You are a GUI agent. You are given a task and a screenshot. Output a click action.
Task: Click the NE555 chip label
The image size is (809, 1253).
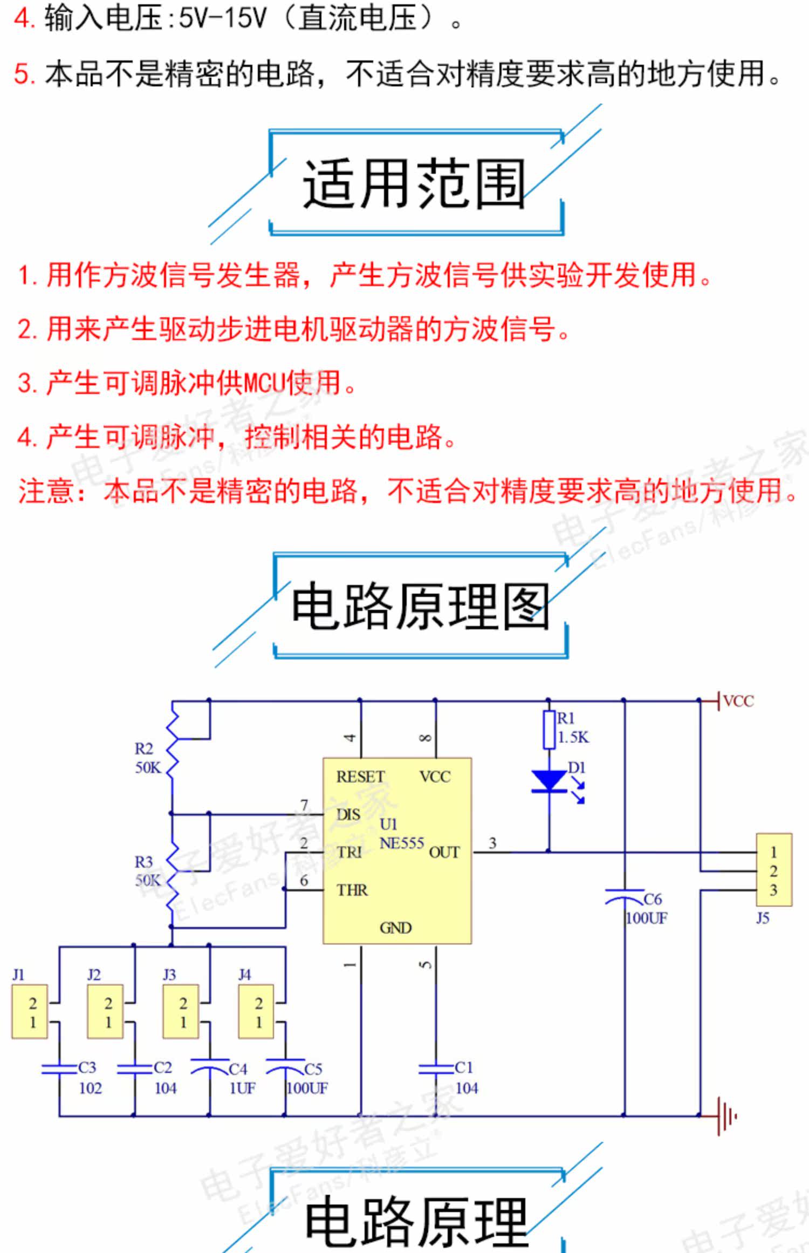401,843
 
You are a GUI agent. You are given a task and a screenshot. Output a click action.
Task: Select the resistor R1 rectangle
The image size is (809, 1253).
549,730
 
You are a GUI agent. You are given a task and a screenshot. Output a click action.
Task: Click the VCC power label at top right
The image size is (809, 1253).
738,702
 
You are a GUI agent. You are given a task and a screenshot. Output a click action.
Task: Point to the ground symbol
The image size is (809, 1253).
725,1116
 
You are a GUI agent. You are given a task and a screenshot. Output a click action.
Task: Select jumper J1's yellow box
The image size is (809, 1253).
30,1012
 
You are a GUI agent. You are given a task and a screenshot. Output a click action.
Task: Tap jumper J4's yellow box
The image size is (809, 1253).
256,1012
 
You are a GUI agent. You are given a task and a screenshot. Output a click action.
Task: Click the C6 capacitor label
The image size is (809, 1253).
653,899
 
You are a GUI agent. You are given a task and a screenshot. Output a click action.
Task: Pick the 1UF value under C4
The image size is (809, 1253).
242,1088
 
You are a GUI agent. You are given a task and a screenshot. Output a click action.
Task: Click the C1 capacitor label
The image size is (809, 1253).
464,1067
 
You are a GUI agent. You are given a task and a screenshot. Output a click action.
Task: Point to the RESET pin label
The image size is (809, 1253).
360,777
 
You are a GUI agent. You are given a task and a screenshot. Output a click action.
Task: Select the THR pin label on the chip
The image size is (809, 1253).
352,890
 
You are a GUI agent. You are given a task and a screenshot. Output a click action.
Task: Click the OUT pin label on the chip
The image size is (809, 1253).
444,853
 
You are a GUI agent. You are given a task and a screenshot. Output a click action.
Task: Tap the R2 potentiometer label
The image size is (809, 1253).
144,749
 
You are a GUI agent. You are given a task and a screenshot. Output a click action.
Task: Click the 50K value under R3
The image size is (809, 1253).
148,881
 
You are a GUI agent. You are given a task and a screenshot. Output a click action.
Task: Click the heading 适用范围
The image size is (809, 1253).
414,183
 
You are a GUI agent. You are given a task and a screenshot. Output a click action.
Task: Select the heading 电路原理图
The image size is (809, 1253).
420,607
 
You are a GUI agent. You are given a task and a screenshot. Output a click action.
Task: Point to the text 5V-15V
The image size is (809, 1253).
222,19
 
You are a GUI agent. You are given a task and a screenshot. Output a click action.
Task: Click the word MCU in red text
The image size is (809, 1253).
264,383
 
